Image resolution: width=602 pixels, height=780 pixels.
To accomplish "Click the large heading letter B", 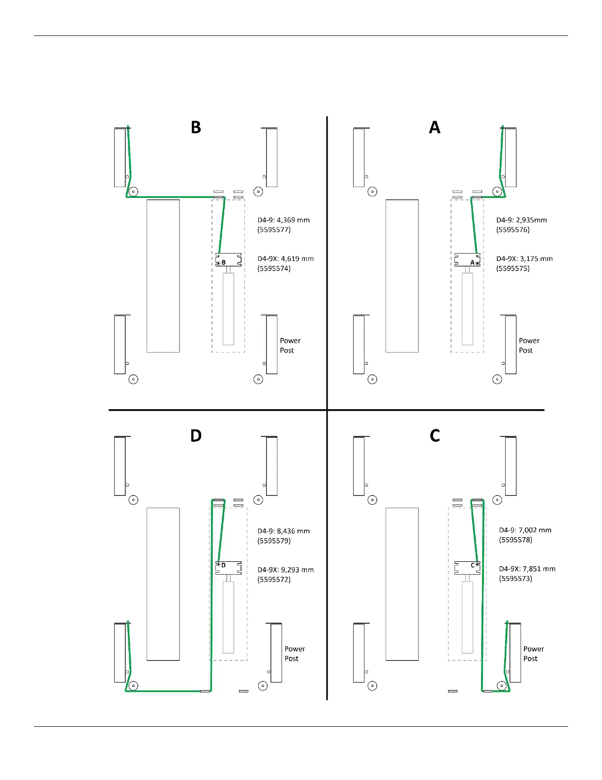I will pos(196,128).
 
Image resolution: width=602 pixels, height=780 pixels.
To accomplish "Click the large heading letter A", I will pos(434,128).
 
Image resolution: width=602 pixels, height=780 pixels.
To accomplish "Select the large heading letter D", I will pos(196,436).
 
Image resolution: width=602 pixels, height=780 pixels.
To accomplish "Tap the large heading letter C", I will pos(435,436).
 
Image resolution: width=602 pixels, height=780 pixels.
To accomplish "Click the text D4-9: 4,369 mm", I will pos(283,220).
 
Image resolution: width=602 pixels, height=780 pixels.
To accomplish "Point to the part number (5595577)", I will pos(274,230).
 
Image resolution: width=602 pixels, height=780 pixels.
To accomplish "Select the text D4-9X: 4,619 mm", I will pos(285,259).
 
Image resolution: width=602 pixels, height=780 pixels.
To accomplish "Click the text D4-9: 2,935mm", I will pos(521,220).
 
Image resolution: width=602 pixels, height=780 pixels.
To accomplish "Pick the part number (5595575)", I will pos(513,268).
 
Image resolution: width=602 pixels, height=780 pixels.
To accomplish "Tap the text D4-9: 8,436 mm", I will pos(283,531).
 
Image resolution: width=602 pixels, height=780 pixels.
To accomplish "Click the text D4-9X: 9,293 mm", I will pos(285,570).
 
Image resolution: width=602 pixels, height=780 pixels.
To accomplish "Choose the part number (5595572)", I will pos(274,580).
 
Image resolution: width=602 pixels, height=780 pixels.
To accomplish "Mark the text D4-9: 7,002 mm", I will pos(525,530).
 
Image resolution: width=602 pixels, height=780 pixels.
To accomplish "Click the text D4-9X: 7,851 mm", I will pos(527,569).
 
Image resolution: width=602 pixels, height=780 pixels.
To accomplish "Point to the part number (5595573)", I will pos(515,579).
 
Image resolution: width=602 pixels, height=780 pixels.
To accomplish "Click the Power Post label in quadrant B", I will pos(290,346).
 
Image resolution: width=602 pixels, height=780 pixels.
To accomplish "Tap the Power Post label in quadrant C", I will pos(533,654).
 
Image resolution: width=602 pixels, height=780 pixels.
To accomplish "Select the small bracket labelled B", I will pos(228,260).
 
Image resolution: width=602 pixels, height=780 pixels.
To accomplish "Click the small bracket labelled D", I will pos(228,568).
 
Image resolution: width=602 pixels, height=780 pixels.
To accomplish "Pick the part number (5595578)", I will pos(515,540).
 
